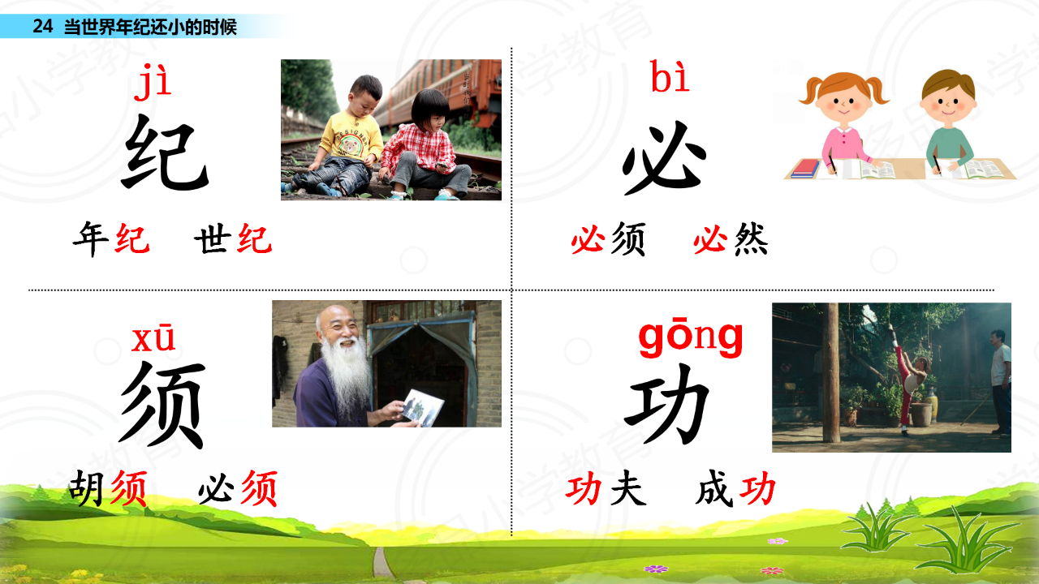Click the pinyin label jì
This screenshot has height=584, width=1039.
pyautogui.click(x=153, y=83)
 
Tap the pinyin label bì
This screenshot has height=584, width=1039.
pyautogui.click(x=670, y=76)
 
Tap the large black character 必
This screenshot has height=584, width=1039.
pyautogui.click(x=664, y=157)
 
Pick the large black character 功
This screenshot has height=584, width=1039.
pyautogui.click(x=667, y=403)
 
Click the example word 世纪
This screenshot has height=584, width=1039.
pyautogui.click(x=233, y=239)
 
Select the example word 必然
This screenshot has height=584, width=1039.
pyautogui.click(x=731, y=239)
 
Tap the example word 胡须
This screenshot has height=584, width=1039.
pyautogui.click(x=109, y=488)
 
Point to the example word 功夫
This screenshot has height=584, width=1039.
pyautogui.click(x=606, y=488)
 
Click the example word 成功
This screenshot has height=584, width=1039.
pyautogui.click(x=735, y=488)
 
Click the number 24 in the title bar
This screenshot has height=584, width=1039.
pyautogui.click(x=43, y=27)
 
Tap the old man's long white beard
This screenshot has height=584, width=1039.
pyautogui.click(x=347, y=376)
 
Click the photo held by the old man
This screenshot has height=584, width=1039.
pyautogui.click(x=423, y=407)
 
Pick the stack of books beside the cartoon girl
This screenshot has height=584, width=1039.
pyautogui.click(x=805, y=168)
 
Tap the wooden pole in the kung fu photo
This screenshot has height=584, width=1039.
pyautogui.click(x=831, y=372)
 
